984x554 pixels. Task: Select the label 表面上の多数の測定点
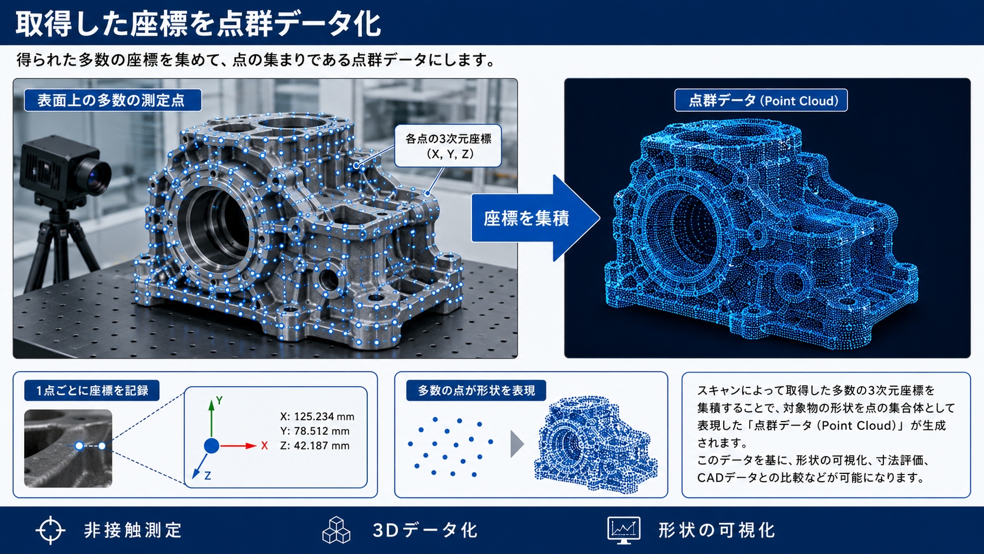[x=113, y=100]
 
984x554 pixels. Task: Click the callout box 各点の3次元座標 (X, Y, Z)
[x=448, y=146]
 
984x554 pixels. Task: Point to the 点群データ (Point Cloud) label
[x=761, y=101]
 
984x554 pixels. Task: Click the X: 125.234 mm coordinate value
[x=317, y=416]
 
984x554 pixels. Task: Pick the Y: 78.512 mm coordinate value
[x=314, y=431]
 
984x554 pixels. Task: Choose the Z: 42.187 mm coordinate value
[x=314, y=446]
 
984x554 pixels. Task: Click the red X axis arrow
[x=238, y=446]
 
